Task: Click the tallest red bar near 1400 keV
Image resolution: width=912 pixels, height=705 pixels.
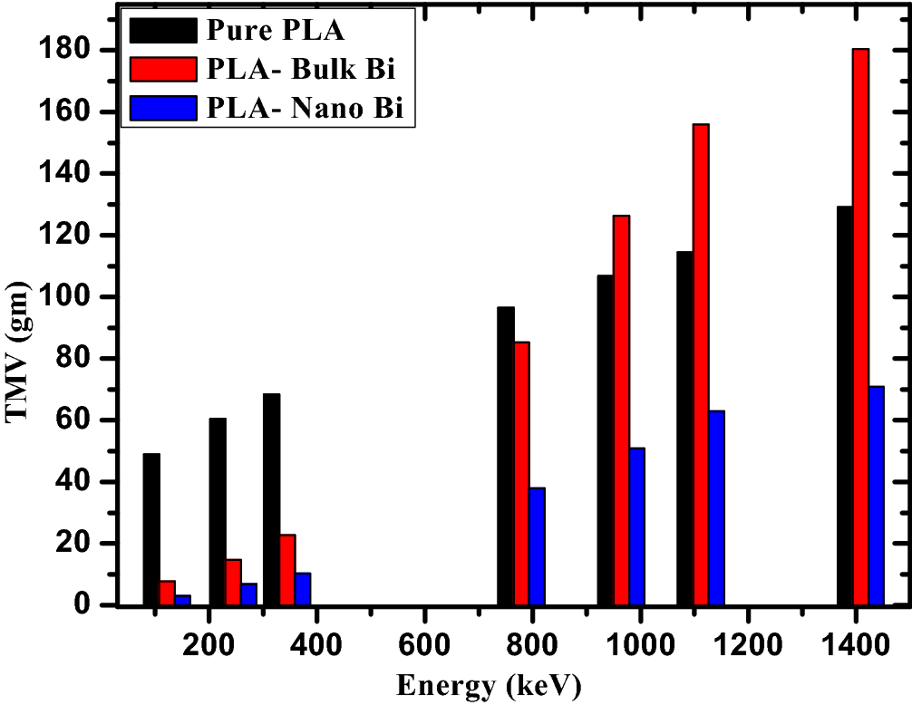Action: [x=860, y=326]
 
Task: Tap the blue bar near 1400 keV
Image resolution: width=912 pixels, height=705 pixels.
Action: [x=876, y=496]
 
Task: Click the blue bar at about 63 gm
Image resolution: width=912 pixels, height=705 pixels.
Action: [x=716, y=507]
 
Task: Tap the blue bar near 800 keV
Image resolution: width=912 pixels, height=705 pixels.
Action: [x=538, y=546]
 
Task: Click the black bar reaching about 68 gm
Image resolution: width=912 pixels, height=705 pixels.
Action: [x=271, y=499]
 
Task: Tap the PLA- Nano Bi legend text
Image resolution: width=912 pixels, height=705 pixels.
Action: [x=305, y=108]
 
